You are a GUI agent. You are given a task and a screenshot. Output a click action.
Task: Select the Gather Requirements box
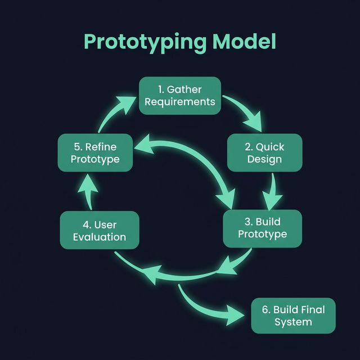coord(180,96)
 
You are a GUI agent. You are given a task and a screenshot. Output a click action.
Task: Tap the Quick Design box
coord(264,152)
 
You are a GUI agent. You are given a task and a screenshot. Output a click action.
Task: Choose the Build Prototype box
coord(263,228)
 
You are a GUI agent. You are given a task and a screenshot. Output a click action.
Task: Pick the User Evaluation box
coord(99,231)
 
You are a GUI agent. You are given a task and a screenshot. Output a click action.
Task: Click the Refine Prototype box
coord(96,152)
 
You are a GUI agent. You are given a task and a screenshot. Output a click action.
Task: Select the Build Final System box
coord(293,316)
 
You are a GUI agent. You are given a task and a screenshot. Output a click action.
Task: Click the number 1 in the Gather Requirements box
coord(160,89)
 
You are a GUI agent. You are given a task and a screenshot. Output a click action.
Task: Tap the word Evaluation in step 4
coord(100,237)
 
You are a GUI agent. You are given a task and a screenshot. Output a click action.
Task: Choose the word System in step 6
coord(293,322)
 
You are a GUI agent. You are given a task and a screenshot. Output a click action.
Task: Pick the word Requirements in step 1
coord(180,102)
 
